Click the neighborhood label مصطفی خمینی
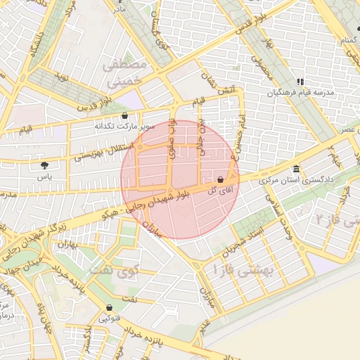pos(127,73)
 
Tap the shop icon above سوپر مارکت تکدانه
pos(125,116)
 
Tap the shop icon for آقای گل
pos(221,180)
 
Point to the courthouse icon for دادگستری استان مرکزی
pos(297,170)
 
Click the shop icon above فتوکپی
pos(109,308)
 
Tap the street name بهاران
pos(63,246)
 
